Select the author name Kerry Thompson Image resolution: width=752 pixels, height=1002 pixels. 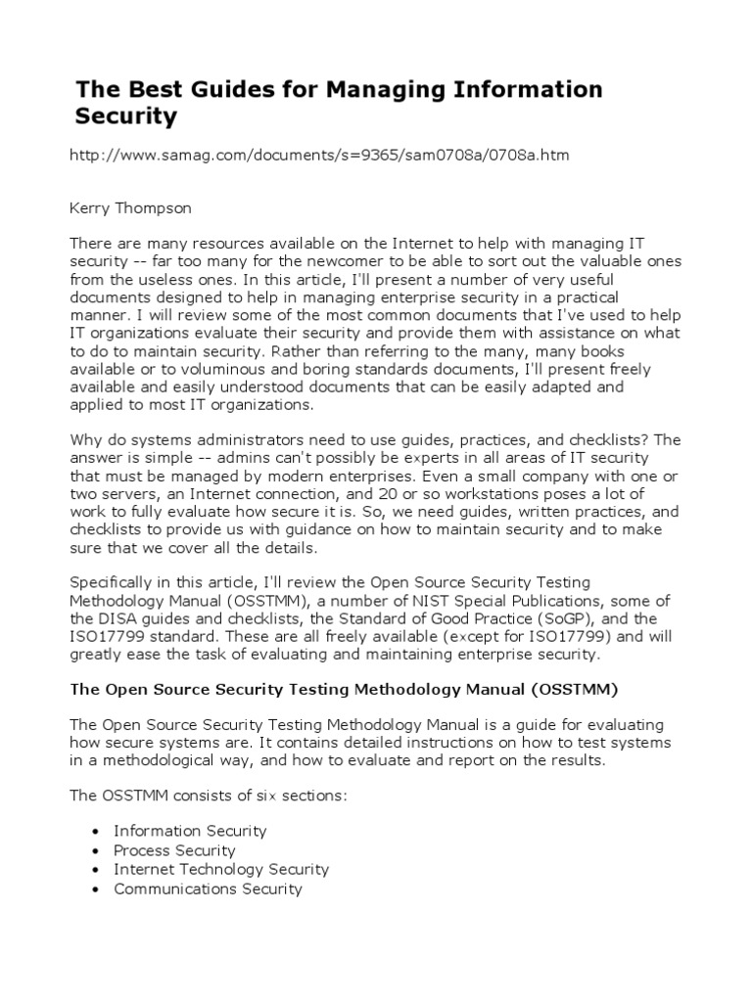[x=131, y=207]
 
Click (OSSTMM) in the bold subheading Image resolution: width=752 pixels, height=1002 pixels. [x=575, y=689]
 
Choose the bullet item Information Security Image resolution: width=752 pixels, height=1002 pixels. [x=190, y=831]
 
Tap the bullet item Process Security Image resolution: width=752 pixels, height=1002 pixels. [x=174, y=850]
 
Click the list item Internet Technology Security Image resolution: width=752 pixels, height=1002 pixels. [x=221, y=869]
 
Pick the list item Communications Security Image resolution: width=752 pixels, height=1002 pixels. [x=208, y=888]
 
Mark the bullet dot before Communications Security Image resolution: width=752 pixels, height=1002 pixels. [x=93, y=889]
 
